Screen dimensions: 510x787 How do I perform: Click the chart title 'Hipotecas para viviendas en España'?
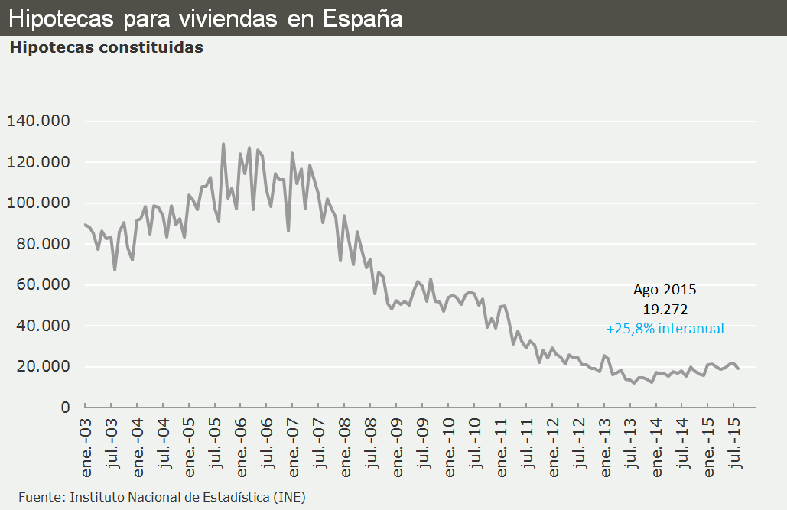[206, 18]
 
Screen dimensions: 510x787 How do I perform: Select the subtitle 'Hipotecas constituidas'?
[106, 47]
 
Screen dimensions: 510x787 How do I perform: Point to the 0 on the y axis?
[66, 408]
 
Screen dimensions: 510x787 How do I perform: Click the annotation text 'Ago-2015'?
[665, 290]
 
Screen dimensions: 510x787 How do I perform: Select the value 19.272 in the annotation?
[665, 310]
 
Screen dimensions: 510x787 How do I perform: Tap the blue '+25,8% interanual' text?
[665, 329]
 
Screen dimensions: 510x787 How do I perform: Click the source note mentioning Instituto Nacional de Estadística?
[161, 497]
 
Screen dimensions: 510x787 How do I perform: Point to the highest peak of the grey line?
[223, 144]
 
